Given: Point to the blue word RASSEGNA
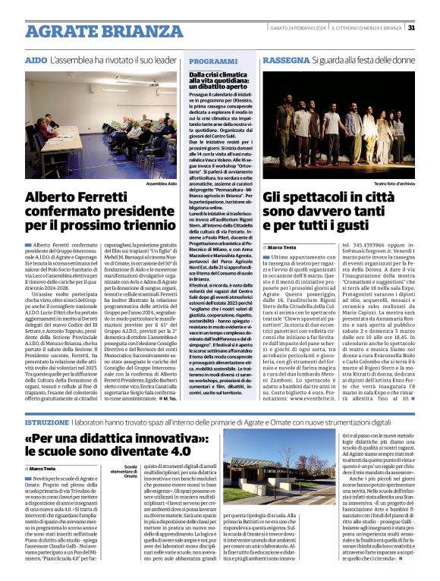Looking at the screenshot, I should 284,59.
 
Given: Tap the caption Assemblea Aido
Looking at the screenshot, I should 162,184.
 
